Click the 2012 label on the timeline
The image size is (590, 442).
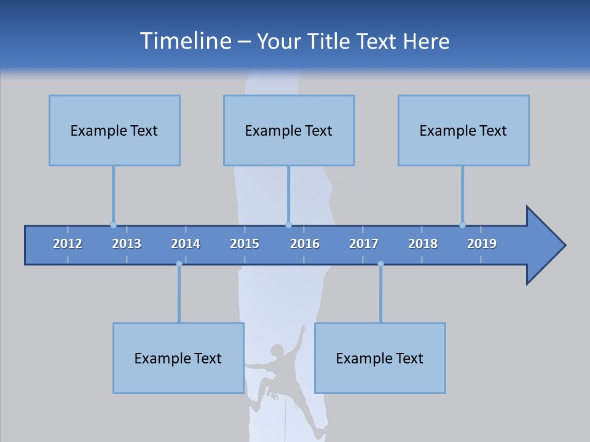(x=68, y=244)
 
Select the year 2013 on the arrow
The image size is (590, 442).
(x=127, y=244)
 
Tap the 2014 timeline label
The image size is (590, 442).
(x=186, y=244)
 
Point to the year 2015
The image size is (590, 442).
(x=245, y=244)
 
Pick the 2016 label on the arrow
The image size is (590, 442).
(x=305, y=244)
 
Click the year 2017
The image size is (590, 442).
(x=364, y=244)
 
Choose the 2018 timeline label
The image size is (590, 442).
(x=423, y=244)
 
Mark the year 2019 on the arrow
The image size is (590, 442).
(x=482, y=244)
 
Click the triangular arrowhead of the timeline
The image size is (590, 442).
(x=544, y=246)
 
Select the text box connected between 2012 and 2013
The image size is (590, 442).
(x=114, y=130)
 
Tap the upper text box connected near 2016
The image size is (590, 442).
(x=289, y=130)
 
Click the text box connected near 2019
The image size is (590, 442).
(x=463, y=130)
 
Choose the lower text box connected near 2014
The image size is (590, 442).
(x=178, y=358)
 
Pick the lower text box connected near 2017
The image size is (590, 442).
(x=380, y=358)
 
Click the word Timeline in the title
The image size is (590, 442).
(x=185, y=41)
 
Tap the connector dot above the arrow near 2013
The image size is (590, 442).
(x=113, y=225)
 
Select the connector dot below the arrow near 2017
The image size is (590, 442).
(x=380, y=264)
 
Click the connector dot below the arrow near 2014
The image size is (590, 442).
(x=179, y=264)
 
